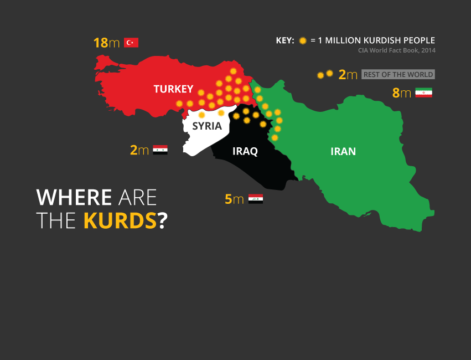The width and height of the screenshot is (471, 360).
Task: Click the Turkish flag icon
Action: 131,43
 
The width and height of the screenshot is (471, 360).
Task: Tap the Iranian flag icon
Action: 423,92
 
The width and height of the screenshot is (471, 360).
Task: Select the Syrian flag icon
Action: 160,150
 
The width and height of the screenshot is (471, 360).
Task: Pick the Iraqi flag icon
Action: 255,199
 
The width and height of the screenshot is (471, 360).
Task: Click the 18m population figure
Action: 107,43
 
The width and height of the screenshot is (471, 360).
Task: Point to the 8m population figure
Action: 402,93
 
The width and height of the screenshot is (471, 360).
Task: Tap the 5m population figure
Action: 234,199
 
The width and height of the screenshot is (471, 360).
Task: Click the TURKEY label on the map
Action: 173,89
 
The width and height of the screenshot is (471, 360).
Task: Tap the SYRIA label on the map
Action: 207,126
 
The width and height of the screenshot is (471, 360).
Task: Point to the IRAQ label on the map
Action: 245,151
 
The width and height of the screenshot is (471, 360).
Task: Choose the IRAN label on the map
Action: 343,151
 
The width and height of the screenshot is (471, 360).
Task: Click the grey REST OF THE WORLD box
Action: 398,75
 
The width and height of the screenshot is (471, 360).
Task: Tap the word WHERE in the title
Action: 74,197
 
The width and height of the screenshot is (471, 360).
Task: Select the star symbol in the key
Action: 303,40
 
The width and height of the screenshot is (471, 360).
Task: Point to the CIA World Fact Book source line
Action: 396,50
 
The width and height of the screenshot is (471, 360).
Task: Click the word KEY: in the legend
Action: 285,40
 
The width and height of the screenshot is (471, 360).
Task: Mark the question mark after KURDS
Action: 162,220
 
